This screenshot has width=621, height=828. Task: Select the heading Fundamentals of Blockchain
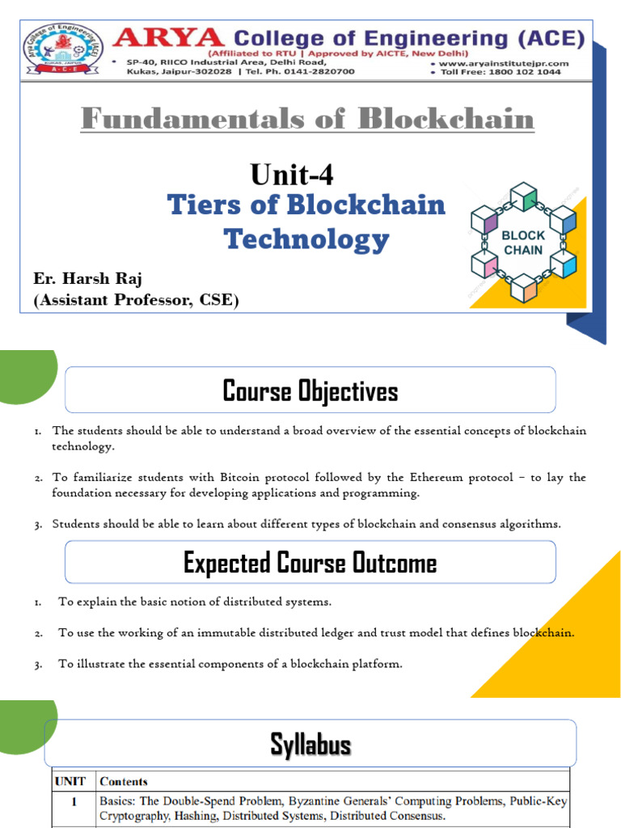click(x=307, y=120)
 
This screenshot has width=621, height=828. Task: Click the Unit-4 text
click(x=292, y=174)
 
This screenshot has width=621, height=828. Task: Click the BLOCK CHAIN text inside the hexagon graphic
click(x=524, y=243)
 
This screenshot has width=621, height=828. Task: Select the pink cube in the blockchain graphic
click(x=486, y=264)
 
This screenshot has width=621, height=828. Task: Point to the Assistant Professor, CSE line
click(x=137, y=301)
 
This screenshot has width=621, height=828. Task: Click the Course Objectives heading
click(x=310, y=391)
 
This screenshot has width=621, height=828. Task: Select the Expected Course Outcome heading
click(x=310, y=563)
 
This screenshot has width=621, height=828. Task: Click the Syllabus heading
click(x=310, y=745)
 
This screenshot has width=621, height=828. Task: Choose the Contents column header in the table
click(x=123, y=782)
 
